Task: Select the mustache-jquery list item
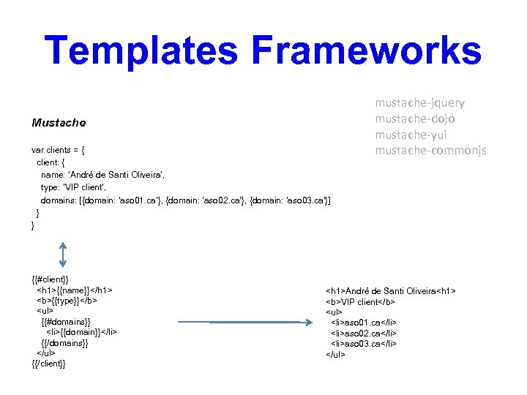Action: [419, 103]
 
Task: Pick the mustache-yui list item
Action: [411, 135]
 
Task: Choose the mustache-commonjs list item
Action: [430, 151]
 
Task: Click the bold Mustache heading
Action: [59, 122]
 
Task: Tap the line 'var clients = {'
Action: [59, 150]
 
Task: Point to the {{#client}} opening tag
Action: [51, 279]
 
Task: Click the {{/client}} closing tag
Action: [49, 364]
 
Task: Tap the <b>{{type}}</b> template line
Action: [67, 300]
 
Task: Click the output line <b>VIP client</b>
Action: [360, 301]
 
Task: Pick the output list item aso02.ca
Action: [363, 333]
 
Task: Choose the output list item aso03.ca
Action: [363, 343]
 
